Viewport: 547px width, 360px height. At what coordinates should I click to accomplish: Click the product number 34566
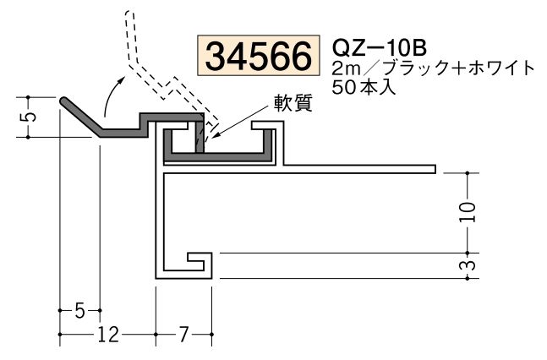(258, 57)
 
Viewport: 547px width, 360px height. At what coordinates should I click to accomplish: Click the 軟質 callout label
(293, 105)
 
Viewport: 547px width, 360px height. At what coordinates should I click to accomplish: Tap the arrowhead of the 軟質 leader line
(213, 133)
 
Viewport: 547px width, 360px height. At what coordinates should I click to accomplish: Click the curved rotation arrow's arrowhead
(119, 77)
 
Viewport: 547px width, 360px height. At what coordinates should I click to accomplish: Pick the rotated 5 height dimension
(30, 113)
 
